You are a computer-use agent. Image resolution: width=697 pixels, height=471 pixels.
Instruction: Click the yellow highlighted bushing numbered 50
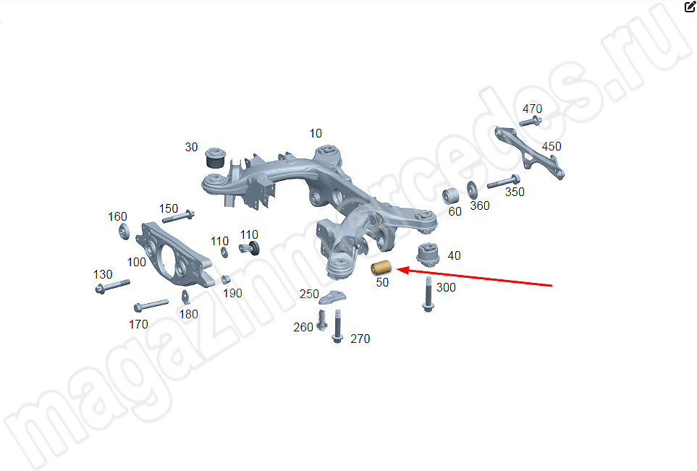click(381, 268)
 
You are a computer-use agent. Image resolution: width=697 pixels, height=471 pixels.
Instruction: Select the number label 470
click(532, 109)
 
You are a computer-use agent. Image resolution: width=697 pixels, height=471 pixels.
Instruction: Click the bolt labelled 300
click(428, 294)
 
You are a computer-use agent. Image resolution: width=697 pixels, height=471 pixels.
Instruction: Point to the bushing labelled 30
click(216, 158)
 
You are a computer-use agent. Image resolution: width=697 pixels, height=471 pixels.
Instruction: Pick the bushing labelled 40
click(428, 254)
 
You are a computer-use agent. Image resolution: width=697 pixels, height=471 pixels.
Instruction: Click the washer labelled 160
click(124, 232)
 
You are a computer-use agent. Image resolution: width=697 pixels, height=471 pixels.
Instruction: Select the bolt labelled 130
click(112, 287)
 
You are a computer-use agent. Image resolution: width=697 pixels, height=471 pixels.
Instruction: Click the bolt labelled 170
click(151, 305)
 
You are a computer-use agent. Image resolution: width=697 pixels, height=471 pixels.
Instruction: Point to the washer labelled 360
click(472, 190)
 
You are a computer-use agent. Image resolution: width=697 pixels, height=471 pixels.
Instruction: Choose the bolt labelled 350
click(504, 182)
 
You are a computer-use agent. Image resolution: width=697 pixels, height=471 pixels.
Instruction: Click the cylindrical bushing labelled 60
click(450, 196)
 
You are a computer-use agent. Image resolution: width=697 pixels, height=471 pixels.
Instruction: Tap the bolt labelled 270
click(337, 326)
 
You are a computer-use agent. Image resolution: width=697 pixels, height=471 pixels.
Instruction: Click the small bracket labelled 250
click(332, 297)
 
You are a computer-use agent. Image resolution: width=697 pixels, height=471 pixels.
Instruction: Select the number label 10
click(315, 133)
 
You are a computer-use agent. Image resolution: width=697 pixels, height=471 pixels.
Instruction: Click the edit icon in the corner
click(690, 7)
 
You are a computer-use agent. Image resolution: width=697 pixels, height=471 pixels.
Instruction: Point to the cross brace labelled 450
click(529, 153)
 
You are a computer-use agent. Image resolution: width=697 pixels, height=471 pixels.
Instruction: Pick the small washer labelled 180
click(186, 297)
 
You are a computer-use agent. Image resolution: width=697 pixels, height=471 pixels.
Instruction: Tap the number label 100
click(137, 262)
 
